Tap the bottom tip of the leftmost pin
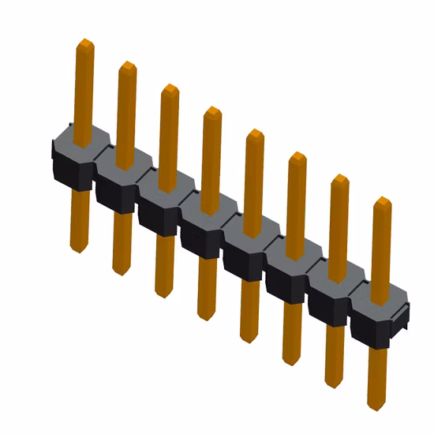(x=78, y=252)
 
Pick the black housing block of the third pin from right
(x=290, y=273)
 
